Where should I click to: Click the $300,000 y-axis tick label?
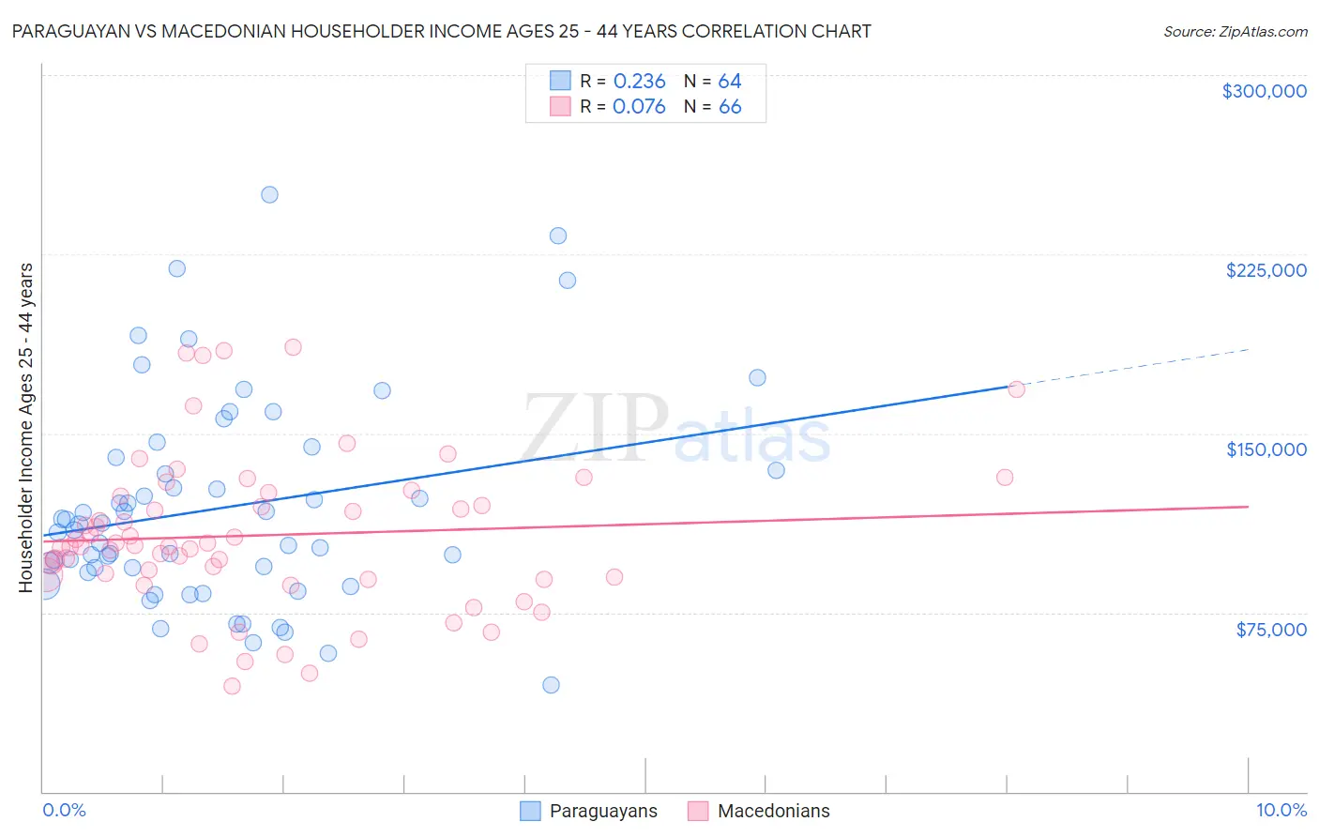coord(1264,91)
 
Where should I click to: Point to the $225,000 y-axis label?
coord(1266,270)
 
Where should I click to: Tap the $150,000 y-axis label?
coord(1266,449)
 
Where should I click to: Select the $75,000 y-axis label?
coord(1270,630)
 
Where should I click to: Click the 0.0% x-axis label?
coord(64,810)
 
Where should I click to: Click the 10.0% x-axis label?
coord(1281,810)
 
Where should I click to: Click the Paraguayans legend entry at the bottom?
coord(589,811)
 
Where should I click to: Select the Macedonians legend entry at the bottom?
coord(758,811)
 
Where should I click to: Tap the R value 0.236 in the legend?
coord(639,82)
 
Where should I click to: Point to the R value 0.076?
coord(639,107)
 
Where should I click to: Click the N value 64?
coord(730,82)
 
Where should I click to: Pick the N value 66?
coord(730,107)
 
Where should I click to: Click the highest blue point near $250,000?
coord(269,195)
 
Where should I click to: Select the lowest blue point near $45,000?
coord(551,685)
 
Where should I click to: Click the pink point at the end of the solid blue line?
coord(1016,389)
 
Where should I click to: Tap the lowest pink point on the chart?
coord(232,686)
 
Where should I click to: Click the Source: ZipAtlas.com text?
coord(1235,32)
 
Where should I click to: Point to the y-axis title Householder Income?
coord(26,427)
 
